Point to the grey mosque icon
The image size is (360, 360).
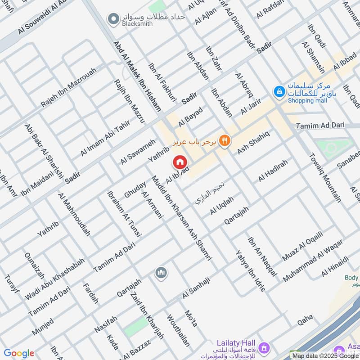click(x=161, y=273)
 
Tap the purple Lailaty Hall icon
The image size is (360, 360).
click(x=264, y=347)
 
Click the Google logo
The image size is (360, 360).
click(x=18, y=353)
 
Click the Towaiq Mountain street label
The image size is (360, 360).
click(x=325, y=177)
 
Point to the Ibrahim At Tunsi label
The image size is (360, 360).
click(x=124, y=214)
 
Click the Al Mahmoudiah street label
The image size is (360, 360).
click(x=74, y=215)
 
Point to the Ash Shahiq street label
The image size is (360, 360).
click(x=253, y=142)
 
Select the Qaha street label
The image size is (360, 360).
click(x=305, y=320)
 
